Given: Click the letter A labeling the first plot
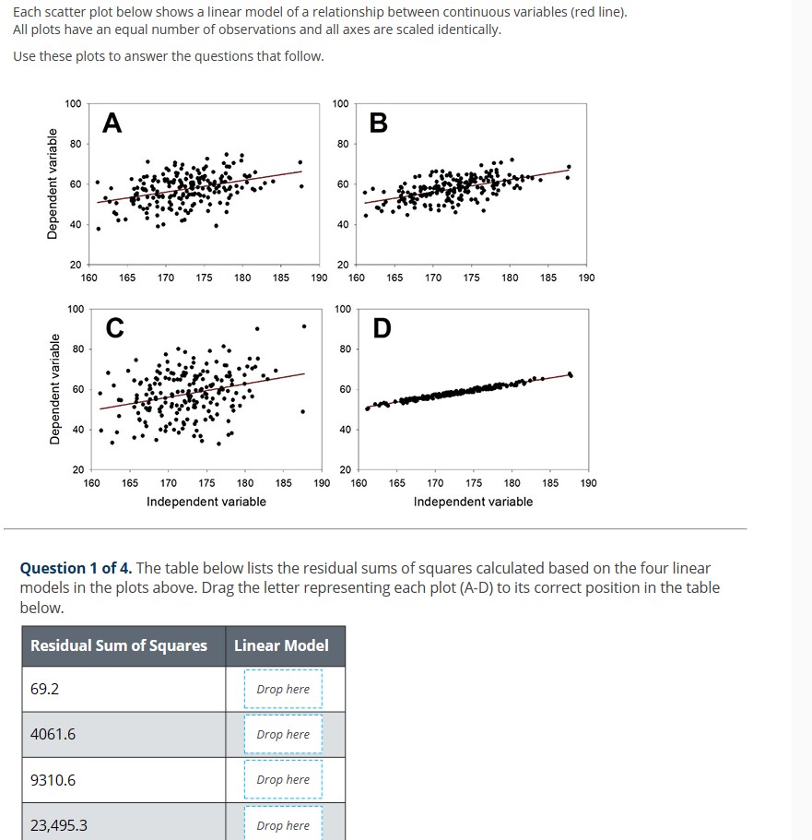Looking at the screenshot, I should (112, 123).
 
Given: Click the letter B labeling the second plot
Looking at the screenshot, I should (379, 123).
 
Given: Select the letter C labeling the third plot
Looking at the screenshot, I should (113, 327).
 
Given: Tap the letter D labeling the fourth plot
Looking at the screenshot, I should (382, 327).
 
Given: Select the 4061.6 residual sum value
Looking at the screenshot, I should (53, 734).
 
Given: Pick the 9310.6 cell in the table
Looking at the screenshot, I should (53, 780).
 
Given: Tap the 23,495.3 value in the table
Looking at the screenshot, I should (59, 825).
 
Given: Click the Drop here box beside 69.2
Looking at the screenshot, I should (283, 689).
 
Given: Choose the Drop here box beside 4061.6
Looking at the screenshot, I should (283, 734).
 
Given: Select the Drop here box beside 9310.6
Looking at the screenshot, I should (283, 779).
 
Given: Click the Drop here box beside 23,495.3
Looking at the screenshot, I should (283, 824).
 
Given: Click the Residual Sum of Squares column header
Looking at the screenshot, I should (119, 645).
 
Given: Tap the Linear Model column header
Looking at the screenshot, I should (281, 645).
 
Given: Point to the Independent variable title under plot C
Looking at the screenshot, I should (206, 502).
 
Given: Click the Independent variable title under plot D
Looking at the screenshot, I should (473, 502).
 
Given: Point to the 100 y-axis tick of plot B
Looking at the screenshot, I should (340, 103).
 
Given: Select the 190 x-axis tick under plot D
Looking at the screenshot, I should (587, 482).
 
